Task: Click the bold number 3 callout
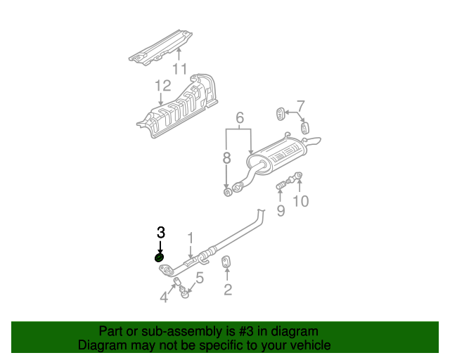[x=161, y=233]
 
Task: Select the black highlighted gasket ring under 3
[x=159, y=257]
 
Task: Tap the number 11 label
[x=180, y=69]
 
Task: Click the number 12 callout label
[x=162, y=86]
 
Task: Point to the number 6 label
[x=240, y=117]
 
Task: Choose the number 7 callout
[x=300, y=106]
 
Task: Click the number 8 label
[x=226, y=158]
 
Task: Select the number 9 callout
[x=281, y=210]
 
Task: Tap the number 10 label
[x=301, y=201]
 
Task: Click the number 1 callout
[x=191, y=238]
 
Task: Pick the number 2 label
[x=228, y=290]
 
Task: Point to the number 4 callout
[x=164, y=297]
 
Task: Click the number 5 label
[x=200, y=278]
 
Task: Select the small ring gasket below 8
[x=228, y=193]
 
